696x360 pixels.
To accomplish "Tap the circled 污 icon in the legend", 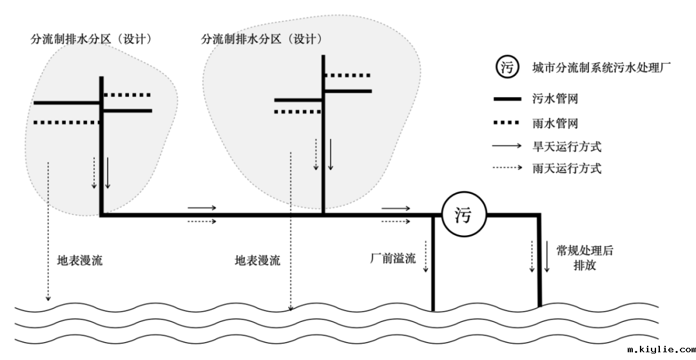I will click(x=508, y=67).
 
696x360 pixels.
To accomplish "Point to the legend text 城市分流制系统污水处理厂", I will click(x=603, y=67).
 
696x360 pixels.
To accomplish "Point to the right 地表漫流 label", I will click(x=258, y=261).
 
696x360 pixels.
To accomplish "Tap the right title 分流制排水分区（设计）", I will click(x=262, y=39).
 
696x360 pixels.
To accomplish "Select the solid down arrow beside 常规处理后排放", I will click(x=546, y=256).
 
